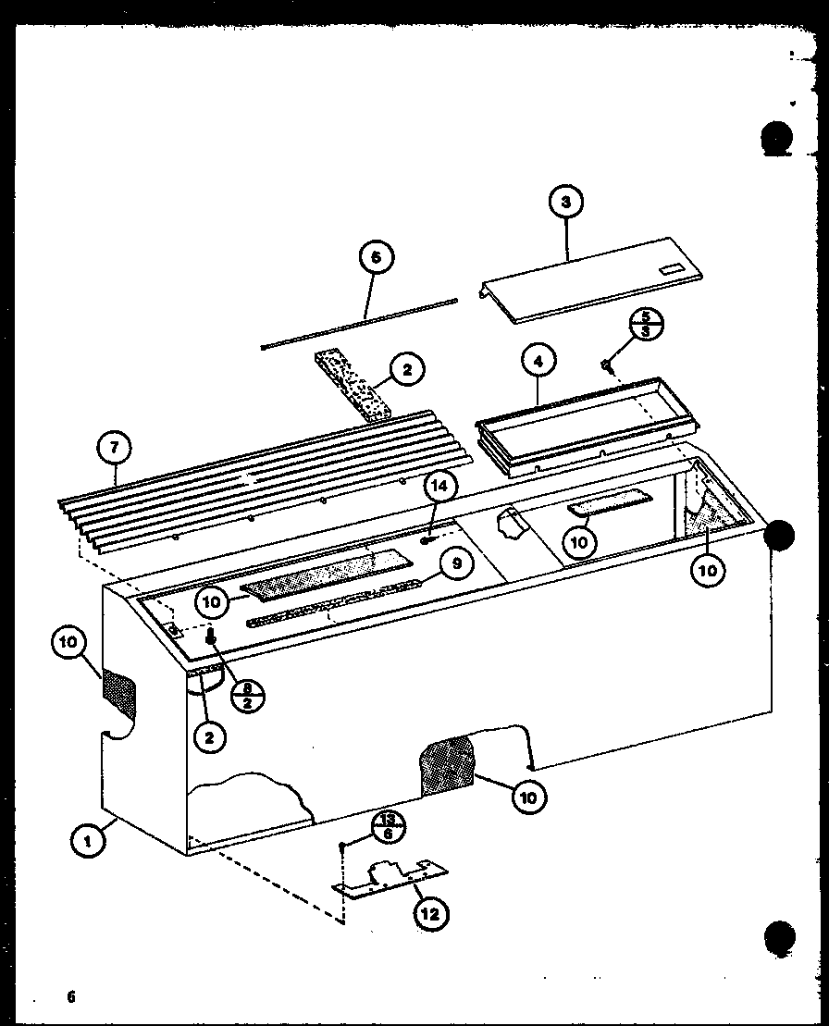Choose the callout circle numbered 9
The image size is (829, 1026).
[x=456, y=562]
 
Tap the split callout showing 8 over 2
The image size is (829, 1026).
[x=246, y=671]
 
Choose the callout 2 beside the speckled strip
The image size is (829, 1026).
[x=406, y=371]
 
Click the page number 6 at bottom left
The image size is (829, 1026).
[x=69, y=996]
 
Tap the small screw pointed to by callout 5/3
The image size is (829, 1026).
[x=608, y=366]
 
